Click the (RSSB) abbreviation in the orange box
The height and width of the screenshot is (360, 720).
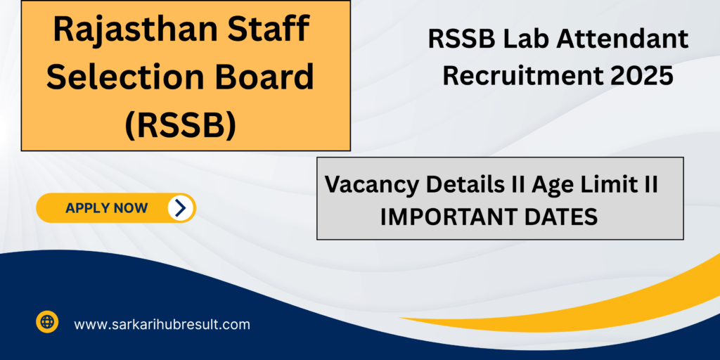pyautogui.click(x=181, y=124)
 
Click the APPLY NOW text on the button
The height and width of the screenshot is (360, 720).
pyautogui.click(x=107, y=208)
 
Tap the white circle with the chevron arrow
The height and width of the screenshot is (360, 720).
pyautogui.click(x=181, y=208)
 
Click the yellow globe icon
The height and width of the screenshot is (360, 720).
pyautogui.click(x=47, y=321)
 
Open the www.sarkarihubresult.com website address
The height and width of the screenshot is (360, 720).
pyautogui.click(x=162, y=325)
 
